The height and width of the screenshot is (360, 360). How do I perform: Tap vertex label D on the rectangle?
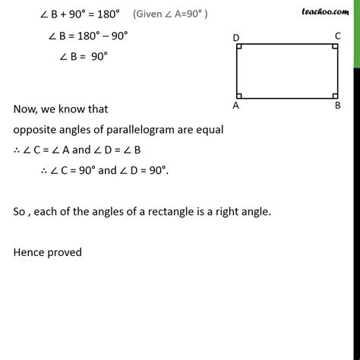[x=236, y=37]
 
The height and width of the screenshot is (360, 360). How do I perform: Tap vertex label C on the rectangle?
[x=336, y=36]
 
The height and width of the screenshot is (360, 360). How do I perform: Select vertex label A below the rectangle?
[x=236, y=106]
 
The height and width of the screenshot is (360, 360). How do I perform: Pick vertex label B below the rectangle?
[x=337, y=106]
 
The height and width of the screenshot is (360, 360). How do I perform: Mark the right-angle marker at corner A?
[x=240, y=95]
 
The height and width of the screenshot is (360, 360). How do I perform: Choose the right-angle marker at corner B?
[x=333, y=95]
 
